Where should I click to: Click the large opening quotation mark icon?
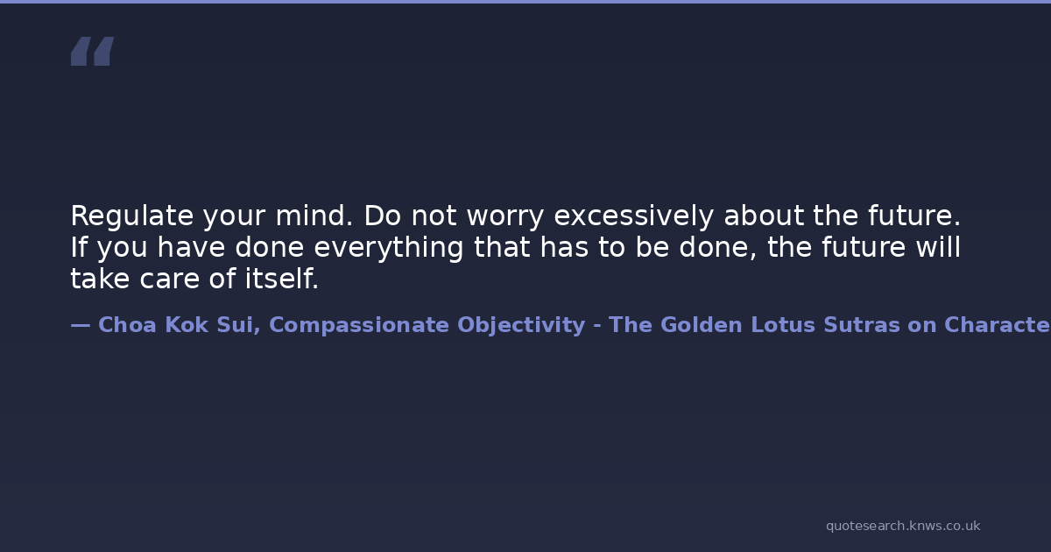click(93, 51)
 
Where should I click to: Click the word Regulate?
click(132, 216)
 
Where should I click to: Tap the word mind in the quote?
click(314, 216)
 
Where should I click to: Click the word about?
click(764, 216)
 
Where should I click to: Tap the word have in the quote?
click(191, 247)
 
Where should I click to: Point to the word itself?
click(281, 279)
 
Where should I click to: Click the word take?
click(100, 279)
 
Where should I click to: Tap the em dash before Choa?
click(81, 325)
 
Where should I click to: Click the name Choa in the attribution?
click(127, 325)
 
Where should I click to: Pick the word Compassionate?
click(359, 326)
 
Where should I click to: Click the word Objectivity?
click(521, 326)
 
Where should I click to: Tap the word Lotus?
click(783, 325)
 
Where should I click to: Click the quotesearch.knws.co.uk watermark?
click(903, 527)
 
